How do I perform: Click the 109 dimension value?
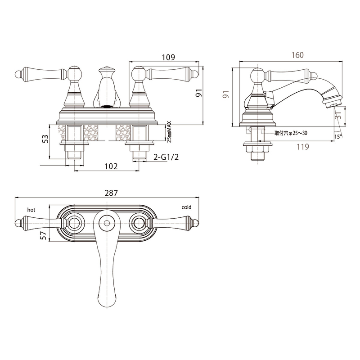168,57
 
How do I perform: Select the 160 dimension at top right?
297,55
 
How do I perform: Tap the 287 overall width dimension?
111,193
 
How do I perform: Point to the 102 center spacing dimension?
111,166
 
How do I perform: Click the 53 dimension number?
46,139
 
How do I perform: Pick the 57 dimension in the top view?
43,235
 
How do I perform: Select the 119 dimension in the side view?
303,147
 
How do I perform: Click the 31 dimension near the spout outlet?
338,114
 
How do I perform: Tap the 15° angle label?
338,137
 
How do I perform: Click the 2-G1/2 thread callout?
166,157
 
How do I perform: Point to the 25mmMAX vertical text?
169,132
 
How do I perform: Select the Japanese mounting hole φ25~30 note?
291,133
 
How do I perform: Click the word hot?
31,210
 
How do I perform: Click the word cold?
186,207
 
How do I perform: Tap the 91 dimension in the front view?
199,93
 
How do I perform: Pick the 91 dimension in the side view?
226,94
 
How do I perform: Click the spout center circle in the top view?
107,223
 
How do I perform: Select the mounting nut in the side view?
258,149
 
